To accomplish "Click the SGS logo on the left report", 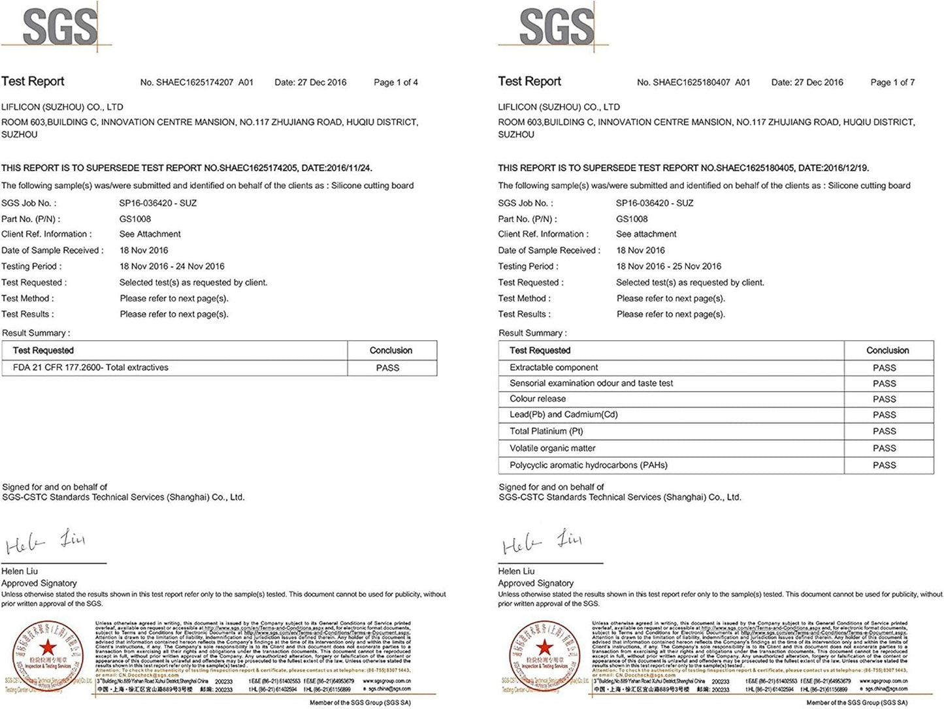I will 59,27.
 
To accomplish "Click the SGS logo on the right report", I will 556,27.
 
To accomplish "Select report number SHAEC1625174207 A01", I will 197,82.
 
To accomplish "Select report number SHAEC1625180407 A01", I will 693,82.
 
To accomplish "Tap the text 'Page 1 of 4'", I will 395,82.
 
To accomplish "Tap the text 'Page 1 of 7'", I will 892,82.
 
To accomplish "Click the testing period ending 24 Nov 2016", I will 172,266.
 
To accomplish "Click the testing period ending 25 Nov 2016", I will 668,266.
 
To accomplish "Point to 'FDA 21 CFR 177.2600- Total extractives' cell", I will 91,368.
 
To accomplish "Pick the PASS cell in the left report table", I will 387,368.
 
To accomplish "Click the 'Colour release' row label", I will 538,399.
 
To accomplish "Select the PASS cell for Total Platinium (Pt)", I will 884,432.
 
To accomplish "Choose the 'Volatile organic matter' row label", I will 552,449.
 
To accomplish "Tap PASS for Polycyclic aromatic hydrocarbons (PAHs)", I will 884,465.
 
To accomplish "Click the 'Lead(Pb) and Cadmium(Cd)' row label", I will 563,415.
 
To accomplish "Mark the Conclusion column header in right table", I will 887,351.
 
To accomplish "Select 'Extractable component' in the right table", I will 553,368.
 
